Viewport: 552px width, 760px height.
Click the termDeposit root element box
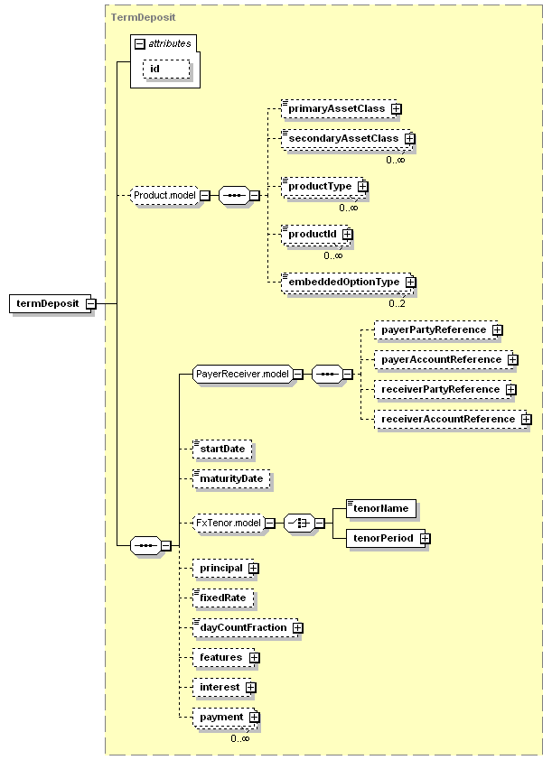(51, 304)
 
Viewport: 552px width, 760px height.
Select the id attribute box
(166, 70)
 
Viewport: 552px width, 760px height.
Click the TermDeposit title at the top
(143, 17)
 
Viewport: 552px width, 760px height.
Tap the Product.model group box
(165, 195)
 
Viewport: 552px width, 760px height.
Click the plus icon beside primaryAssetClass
(397, 109)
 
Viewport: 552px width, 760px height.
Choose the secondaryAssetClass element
(347, 139)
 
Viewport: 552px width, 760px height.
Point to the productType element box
(323, 187)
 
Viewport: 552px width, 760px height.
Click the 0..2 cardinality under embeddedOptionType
(397, 304)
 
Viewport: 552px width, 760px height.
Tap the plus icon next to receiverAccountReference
(527, 419)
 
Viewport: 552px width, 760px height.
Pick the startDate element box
(222, 450)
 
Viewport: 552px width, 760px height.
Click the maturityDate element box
(231, 479)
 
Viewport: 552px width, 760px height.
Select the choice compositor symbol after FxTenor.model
(299, 524)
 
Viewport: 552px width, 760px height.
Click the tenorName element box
(380, 509)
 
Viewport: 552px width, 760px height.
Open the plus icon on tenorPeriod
(426, 539)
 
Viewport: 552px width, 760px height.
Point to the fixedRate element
(223, 598)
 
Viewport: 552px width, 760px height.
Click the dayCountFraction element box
(246, 628)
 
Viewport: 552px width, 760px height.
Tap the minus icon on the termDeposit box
(91, 304)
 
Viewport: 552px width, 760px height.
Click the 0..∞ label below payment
(240, 738)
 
